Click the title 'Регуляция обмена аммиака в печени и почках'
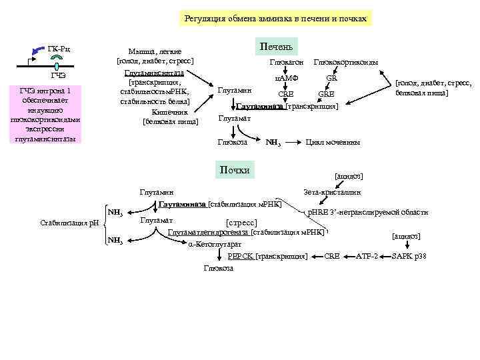275,19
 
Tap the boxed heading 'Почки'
234,170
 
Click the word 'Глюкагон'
287,63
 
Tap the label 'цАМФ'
287,78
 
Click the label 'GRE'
326,94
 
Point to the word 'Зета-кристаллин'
331,192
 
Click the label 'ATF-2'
367,256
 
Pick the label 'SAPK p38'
409,256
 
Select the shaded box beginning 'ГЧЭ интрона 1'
45,115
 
